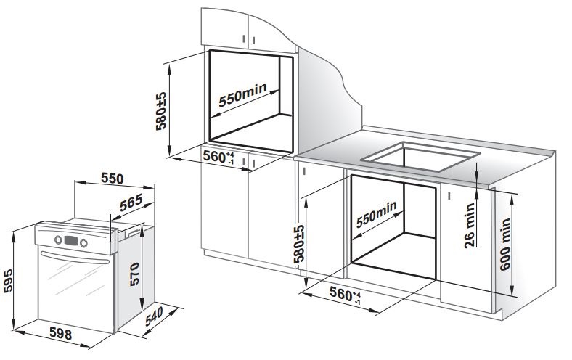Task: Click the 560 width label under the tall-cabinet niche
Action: [x=217, y=157]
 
